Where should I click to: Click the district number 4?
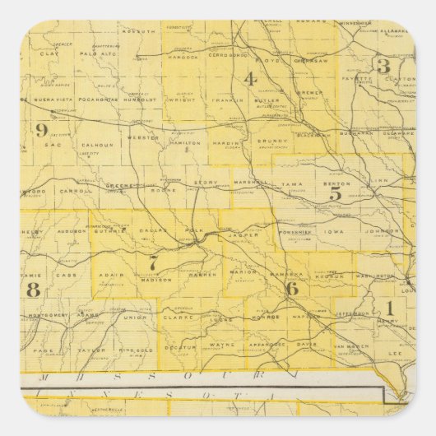249,79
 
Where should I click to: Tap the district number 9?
41,129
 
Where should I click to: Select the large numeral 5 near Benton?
335,194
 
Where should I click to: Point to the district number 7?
152,263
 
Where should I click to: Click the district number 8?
33,289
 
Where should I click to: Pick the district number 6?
291,288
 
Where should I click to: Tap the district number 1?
388,308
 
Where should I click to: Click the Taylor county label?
85,350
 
